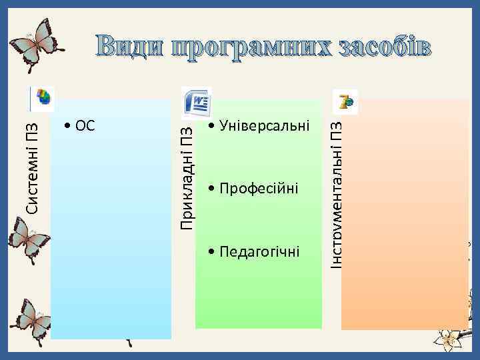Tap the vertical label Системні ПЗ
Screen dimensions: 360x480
[32, 164]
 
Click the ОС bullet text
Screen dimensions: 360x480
[81, 125]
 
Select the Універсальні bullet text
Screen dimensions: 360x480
[259, 125]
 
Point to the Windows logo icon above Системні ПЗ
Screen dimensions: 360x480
[43, 98]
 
